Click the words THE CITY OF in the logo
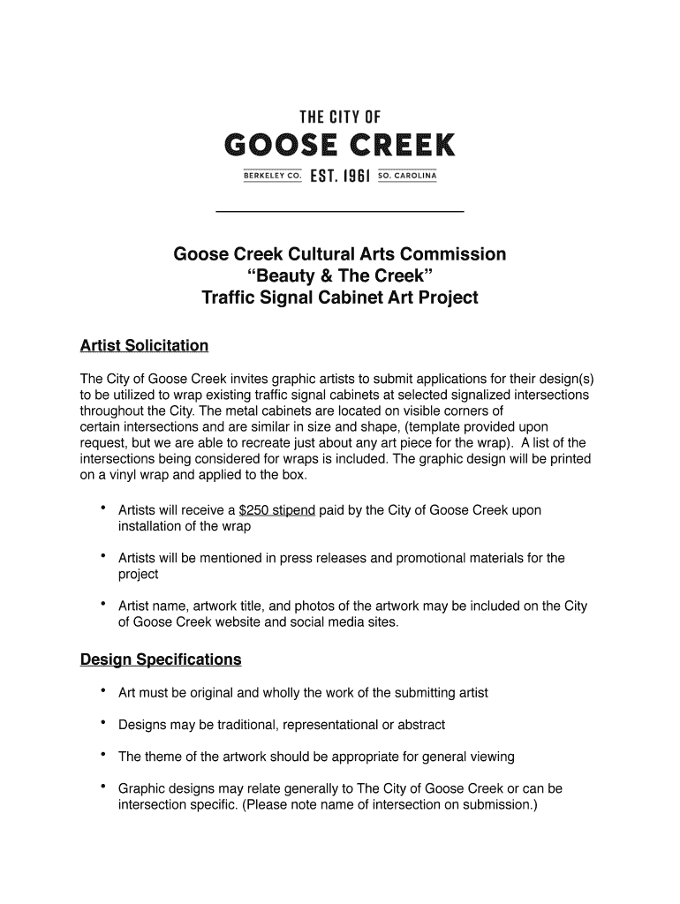tap(340, 116)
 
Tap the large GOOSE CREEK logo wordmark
tap(340, 144)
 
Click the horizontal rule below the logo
tap(340, 212)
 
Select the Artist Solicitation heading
tap(144, 345)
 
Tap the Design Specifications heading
tap(161, 659)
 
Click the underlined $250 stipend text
tap(277, 510)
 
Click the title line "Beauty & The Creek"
tap(340, 276)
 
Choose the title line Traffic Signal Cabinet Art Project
tap(340, 298)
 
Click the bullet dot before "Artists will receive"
tap(104, 508)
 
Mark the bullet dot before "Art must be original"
tap(104, 691)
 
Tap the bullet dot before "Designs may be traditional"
tap(104, 723)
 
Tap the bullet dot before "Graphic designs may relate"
tap(104, 787)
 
